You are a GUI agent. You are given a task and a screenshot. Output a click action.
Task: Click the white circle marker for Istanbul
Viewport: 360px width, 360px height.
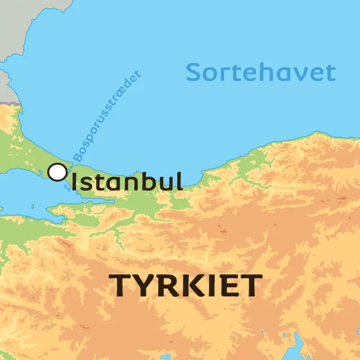pyautogui.click(x=57, y=172)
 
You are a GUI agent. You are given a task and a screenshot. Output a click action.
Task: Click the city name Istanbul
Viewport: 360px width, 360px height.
pyautogui.click(x=127, y=182)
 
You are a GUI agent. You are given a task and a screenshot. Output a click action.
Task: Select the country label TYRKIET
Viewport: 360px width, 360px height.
pyautogui.click(x=185, y=286)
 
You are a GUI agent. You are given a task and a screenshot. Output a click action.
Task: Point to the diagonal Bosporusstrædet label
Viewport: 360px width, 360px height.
pyautogui.click(x=107, y=115)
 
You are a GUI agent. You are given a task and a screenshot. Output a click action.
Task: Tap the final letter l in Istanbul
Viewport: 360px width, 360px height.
pyautogui.click(x=178, y=181)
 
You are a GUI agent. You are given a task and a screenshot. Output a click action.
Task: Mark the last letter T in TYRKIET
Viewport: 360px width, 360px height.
pyautogui.click(x=250, y=286)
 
